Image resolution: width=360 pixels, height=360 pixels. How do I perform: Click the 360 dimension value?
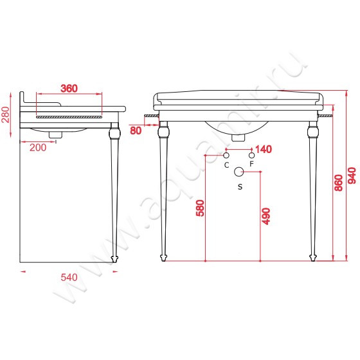[69, 89]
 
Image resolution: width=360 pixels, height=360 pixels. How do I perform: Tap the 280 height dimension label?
[6, 115]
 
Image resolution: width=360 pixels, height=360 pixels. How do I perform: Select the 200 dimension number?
[38, 148]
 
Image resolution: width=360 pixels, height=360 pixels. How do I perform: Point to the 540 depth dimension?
[69, 277]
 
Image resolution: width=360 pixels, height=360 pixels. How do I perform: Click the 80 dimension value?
[136, 130]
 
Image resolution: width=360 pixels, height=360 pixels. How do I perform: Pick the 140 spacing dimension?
[264, 149]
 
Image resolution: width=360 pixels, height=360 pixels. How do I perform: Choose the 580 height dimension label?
[200, 208]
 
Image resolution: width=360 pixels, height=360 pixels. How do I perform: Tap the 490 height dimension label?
[266, 216]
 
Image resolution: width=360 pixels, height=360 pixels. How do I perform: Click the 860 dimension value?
[339, 183]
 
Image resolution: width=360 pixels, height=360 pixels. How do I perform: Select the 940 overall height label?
[352, 175]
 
